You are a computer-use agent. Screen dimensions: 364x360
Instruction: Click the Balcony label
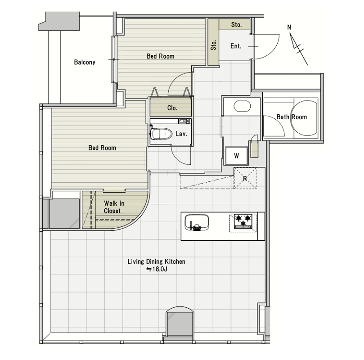[85, 62]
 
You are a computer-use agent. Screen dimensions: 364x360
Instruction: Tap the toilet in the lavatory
[161, 134]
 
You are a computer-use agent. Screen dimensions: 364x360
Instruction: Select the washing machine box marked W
[236, 156]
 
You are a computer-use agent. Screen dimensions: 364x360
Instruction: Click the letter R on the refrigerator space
[245, 179]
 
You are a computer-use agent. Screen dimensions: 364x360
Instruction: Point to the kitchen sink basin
[197, 222]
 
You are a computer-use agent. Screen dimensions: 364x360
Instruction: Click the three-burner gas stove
[243, 221]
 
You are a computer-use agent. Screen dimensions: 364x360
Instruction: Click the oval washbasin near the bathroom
[242, 106]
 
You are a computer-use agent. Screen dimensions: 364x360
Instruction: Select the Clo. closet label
[172, 108]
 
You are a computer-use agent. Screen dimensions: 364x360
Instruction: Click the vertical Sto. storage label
[214, 45]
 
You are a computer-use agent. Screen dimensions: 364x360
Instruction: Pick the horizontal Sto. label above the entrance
[236, 25]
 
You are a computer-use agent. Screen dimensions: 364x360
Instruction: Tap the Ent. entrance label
[236, 46]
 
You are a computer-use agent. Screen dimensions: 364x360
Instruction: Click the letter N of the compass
[289, 27]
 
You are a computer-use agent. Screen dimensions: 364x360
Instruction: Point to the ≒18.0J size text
[157, 269]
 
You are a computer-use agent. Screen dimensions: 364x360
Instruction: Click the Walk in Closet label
[114, 207]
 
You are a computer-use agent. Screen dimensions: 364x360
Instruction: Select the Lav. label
[181, 134]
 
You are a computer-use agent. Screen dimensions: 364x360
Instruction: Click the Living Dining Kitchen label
[157, 261]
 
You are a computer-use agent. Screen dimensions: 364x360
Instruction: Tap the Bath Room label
[292, 117]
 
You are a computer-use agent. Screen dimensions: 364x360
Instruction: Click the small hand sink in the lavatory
[184, 121]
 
